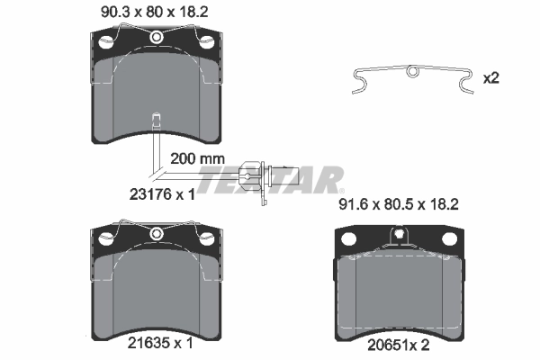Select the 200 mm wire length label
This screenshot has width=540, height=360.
(x=196, y=157)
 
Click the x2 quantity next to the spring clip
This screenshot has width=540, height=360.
(x=491, y=78)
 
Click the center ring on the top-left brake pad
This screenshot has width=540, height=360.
(x=157, y=37)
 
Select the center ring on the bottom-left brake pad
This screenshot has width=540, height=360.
(x=157, y=234)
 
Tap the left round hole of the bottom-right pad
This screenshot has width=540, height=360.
(x=349, y=239)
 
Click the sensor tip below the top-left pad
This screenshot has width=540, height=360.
(x=157, y=119)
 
